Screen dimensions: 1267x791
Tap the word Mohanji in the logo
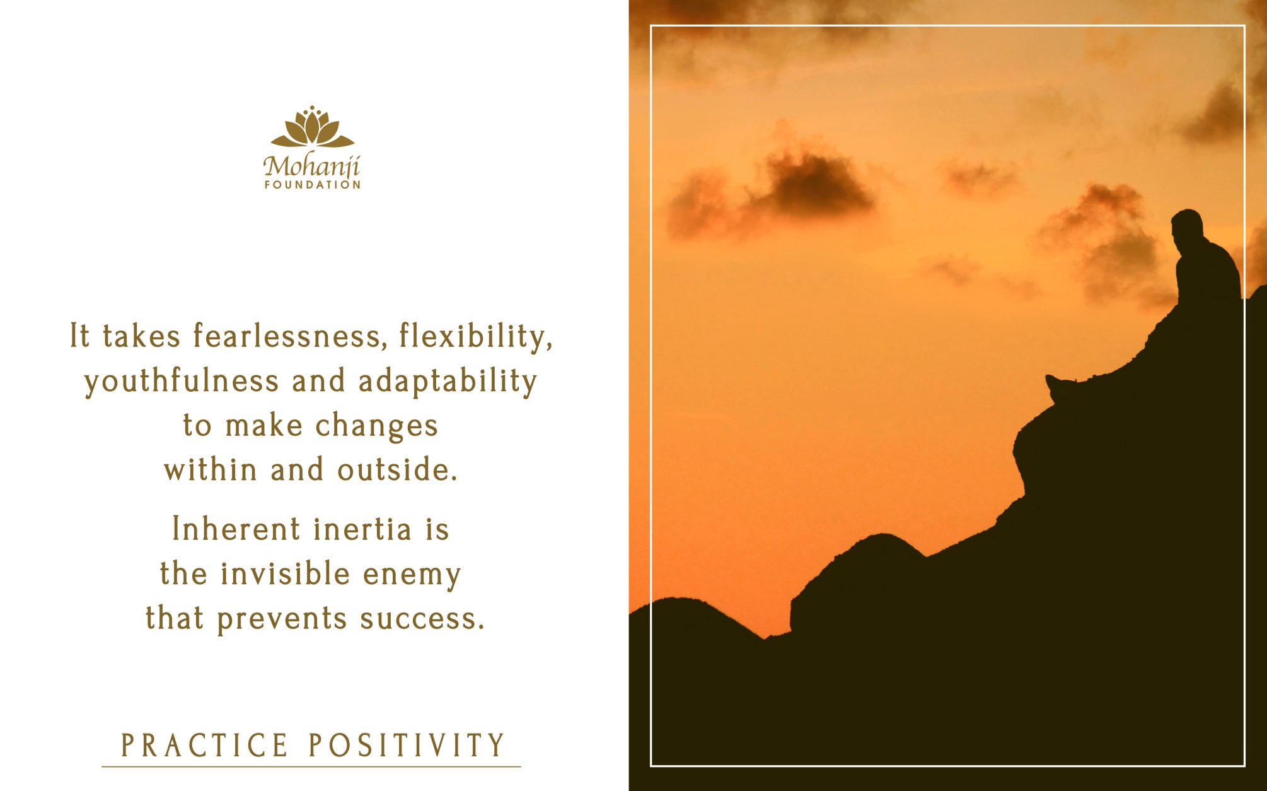pos(311,167)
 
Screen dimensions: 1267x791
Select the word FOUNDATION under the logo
pos(313,185)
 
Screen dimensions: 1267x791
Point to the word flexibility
pos(476,336)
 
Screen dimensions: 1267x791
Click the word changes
pos(376,426)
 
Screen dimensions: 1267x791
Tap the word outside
pos(397,470)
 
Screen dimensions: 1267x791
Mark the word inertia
pos(362,529)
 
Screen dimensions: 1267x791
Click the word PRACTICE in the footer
pos(204,746)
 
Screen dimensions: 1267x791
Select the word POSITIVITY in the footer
pos(407,746)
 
